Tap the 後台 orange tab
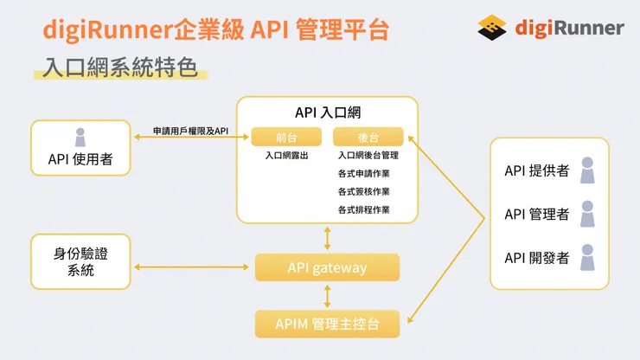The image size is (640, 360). [368, 137]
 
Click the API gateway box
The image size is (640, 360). [327, 267]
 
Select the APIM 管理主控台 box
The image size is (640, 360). [327, 325]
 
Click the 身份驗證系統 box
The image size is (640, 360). [80, 261]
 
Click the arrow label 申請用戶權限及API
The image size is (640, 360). [190, 130]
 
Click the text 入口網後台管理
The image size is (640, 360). [368, 157]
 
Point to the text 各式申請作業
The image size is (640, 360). [363, 174]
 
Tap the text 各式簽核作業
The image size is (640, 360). [363, 192]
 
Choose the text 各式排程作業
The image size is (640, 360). [363, 209]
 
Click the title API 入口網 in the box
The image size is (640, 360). [327, 112]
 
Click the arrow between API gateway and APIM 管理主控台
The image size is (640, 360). [327, 296]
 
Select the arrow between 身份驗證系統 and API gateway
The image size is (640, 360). [192, 267]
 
